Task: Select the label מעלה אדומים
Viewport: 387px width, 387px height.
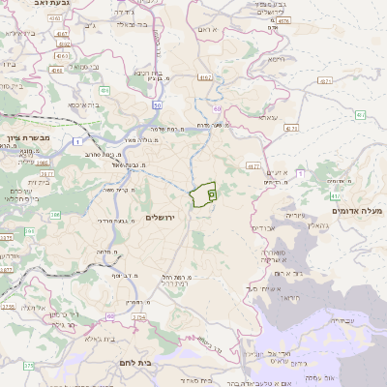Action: [357, 210]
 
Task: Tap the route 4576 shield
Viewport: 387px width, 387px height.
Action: [283, 19]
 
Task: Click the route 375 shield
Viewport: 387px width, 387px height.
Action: [28, 366]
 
